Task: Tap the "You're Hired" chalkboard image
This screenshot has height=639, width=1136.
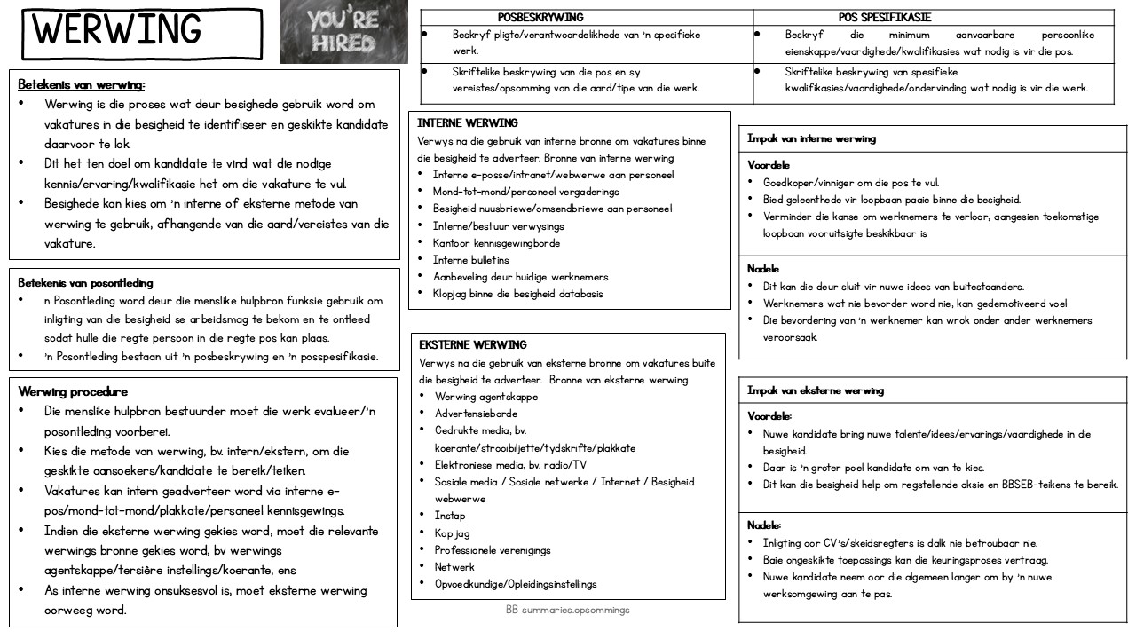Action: pos(343,32)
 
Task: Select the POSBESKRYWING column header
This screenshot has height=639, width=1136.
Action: pos(540,17)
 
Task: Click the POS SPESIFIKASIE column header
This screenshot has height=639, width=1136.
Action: pos(885,17)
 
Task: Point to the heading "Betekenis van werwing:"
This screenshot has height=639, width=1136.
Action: pos(82,84)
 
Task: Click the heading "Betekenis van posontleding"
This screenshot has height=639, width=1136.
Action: pos(86,283)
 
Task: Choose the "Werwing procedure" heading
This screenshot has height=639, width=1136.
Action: pos(73,391)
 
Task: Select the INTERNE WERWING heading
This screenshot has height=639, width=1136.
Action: pos(468,123)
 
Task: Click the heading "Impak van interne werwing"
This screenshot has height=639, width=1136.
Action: pos(811,138)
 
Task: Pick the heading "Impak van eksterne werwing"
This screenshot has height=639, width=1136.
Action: pos(815,390)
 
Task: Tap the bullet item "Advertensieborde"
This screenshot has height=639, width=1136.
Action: pos(476,414)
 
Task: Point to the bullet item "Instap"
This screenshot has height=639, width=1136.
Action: pos(450,516)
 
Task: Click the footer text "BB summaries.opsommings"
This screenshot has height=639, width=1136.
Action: pos(568,610)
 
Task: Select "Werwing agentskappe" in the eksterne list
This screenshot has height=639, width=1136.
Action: pos(485,397)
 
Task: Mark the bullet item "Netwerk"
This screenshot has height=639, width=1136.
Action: pos(454,567)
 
